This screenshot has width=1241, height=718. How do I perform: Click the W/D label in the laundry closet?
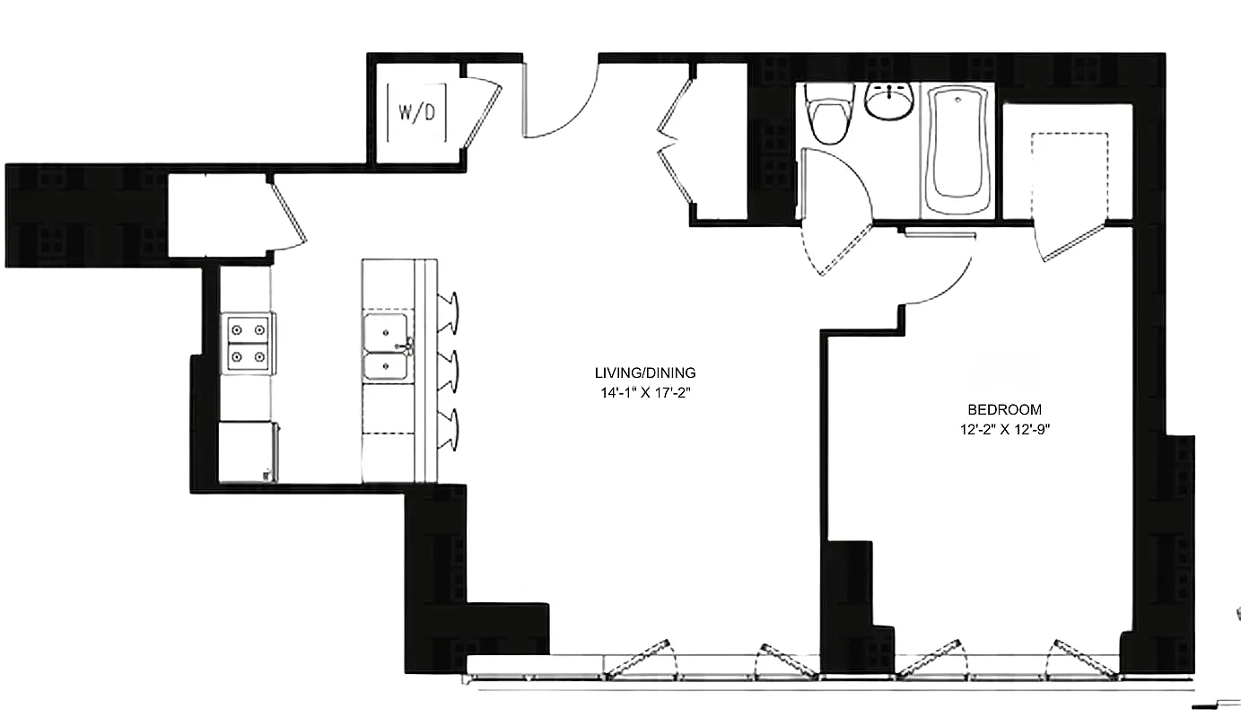416,113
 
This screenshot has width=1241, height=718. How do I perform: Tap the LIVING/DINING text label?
644,373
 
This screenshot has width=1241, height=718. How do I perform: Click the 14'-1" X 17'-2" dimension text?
644,392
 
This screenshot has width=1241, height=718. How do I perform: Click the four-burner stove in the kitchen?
248,343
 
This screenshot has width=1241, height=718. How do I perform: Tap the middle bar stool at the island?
450,369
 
